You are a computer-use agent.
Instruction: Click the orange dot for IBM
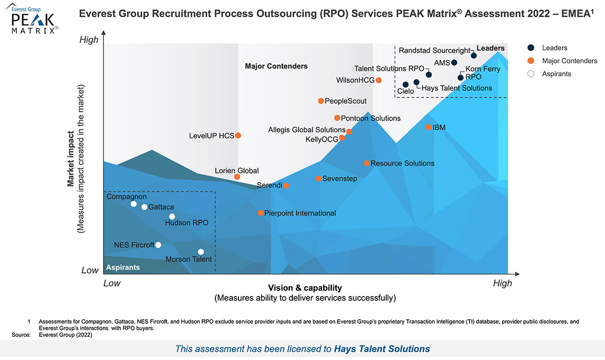tap(429, 127)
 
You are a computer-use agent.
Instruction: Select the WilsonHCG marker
tap(379, 80)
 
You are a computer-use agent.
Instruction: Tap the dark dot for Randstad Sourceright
tap(474, 55)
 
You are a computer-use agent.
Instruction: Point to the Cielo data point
tap(406, 85)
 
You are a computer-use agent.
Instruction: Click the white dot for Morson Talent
tap(201, 252)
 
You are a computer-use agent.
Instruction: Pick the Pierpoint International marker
tap(261, 213)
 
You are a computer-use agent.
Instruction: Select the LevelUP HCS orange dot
tap(238, 135)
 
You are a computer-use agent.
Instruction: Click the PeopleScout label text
tap(345, 101)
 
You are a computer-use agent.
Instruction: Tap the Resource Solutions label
tap(402, 163)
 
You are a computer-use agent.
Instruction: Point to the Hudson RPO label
tap(187, 223)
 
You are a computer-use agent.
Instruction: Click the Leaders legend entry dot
tap(531, 48)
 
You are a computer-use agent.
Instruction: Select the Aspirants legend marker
tap(531, 74)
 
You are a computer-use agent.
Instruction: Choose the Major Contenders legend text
tap(569, 61)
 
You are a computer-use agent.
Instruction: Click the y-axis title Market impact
tap(71, 159)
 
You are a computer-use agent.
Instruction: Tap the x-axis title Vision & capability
tap(305, 288)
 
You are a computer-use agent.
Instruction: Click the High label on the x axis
tap(502, 283)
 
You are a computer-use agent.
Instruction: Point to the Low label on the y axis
tap(90, 270)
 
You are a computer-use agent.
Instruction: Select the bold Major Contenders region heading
tap(276, 66)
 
